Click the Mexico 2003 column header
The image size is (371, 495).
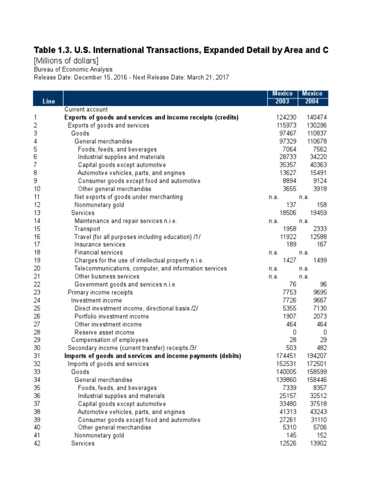[x=283, y=98]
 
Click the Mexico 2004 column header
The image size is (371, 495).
[x=313, y=98]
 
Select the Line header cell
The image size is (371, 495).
[x=48, y=102]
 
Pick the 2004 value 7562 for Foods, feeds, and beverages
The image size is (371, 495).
[x=317, y=149]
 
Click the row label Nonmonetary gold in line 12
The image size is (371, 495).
[x=99, y=205]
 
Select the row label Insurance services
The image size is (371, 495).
[x=100, y=245]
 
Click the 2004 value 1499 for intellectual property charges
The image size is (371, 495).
[x=317, y=261]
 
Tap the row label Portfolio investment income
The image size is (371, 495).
[x=112, y=316]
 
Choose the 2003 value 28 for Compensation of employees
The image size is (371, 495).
[x=292, y=340]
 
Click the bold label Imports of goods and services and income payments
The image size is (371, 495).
[x=153, y=356]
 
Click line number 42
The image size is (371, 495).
[x=37, y=444]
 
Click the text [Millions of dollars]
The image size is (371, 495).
[x=66, y=60]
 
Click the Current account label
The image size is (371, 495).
[x=86, y=110]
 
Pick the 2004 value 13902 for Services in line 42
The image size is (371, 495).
[x=316, y=444]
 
